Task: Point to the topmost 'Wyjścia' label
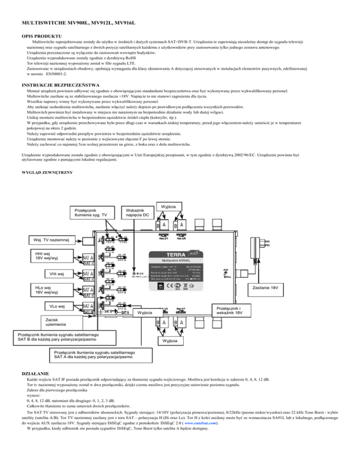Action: click(168, 206)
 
